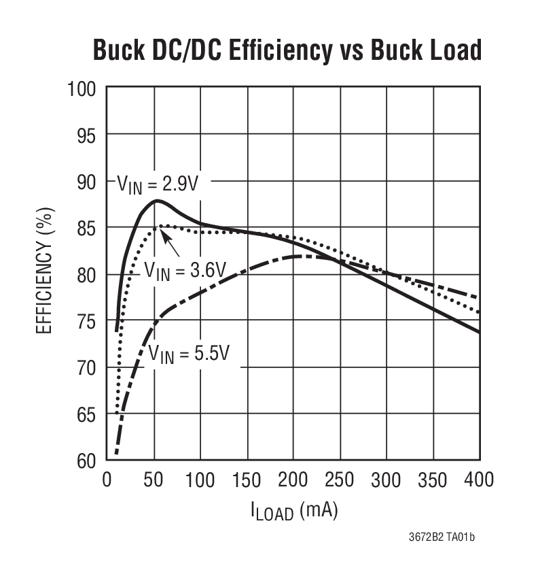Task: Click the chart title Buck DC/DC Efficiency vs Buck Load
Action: point(287,50)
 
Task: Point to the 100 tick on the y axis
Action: point(86,88)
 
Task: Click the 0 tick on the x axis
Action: point(107,480)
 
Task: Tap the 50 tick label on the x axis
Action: point(154,480)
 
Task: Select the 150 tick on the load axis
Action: point(247,480)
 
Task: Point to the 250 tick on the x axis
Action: point(340,480)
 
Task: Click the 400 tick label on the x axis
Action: point(479,480)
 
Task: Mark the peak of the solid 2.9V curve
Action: point(156,201)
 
